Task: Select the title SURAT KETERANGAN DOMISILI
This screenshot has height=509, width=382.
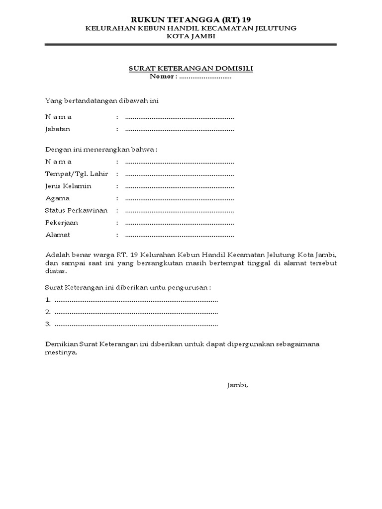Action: (x=191, y=69)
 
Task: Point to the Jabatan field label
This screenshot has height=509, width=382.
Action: (x=58, y=129)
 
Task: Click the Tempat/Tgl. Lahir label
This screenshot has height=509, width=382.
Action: (x=76, y=174)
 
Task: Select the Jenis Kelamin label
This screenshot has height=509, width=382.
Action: (x=68, y=186)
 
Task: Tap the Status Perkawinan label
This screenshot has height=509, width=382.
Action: (x=76, y=210)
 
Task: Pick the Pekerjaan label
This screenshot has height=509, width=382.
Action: (x=61, y=223)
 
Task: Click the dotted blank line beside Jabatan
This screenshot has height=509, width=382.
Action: (x=179, y=129)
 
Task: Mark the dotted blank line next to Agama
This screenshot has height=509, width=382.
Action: (x=179, y=198)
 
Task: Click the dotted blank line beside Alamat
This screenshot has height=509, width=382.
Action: (x=179, y=235)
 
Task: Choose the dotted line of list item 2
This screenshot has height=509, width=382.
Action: (x=136, y=312)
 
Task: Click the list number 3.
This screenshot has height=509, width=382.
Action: (x=48, y=324)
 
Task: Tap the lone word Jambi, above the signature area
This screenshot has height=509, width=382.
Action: (x=237, y=385)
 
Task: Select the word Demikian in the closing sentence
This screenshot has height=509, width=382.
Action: (x=60, y=344)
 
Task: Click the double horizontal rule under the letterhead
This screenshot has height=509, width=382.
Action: (x=191, y=46)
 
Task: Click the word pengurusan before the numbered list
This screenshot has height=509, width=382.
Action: (x=188, y=287)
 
